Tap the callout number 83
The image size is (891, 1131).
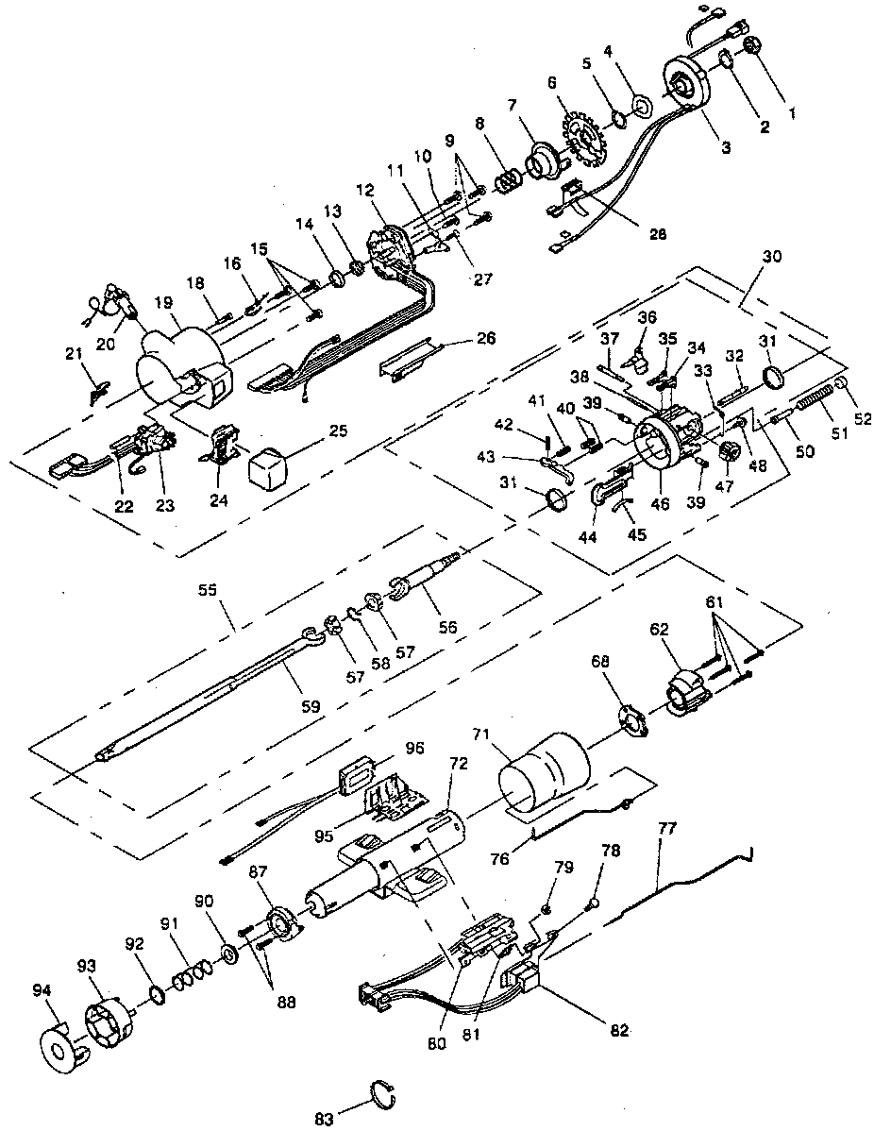click(x=325, y=1119)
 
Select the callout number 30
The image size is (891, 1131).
click(x=771, y=256)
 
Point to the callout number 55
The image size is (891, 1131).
click(x=208, y=589)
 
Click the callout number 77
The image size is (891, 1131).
click(x=667, y=828)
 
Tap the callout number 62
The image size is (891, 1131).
click(x=659, y=629)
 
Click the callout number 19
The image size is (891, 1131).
click(x=163, y=301)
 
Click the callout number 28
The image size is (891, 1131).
click(x=658, y=234)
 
